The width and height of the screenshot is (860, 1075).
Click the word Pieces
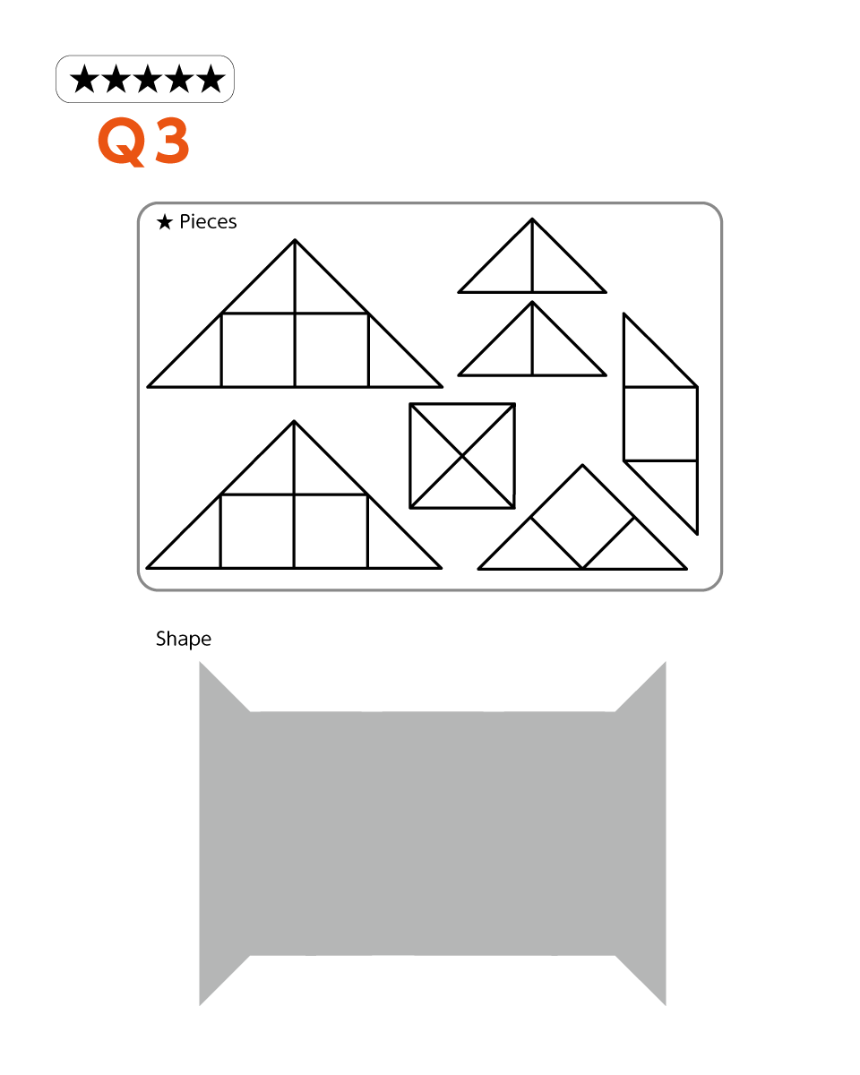click(x=208, y=222)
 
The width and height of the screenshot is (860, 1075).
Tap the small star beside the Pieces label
click(x=165, y=222)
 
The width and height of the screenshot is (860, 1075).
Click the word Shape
click(x=184, y=640)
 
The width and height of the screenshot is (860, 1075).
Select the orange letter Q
click(x=122, y=142)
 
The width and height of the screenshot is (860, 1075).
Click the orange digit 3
click(x=172, y=141)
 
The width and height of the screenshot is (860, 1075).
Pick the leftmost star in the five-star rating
click(x=84, y=79)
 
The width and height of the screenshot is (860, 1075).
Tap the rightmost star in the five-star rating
click(x=211, y=79)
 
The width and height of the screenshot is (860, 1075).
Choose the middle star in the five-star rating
click(x=148, y=79)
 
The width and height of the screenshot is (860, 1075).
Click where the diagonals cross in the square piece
click(x=462, y=456)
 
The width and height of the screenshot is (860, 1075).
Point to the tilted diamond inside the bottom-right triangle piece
click(x=582, y=517)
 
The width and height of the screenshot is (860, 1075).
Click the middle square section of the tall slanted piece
click(x=660, y=424)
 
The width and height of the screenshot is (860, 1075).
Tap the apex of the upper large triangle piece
click(x=295, y=240)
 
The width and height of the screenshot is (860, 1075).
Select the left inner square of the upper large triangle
click(x=258, y=350)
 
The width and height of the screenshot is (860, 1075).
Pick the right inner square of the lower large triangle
click(x=331, y=531)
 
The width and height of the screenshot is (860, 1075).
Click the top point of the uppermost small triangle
click(x=532, y=219)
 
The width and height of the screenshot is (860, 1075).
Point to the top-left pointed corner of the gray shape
click(x=200, y=662)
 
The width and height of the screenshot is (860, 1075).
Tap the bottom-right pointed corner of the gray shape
click(x=666, y=1005)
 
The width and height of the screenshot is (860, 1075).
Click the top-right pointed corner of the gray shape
click(x=666, y=662)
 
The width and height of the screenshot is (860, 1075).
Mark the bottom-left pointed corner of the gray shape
click(x=200, y=1005)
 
